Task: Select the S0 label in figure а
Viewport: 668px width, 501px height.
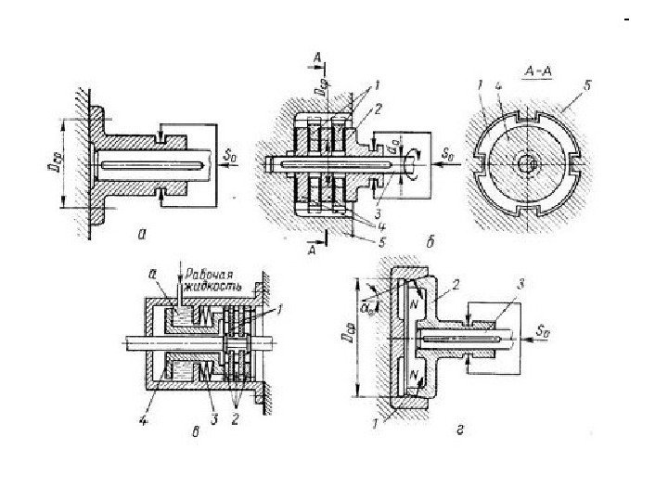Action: (x=229, y=157)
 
